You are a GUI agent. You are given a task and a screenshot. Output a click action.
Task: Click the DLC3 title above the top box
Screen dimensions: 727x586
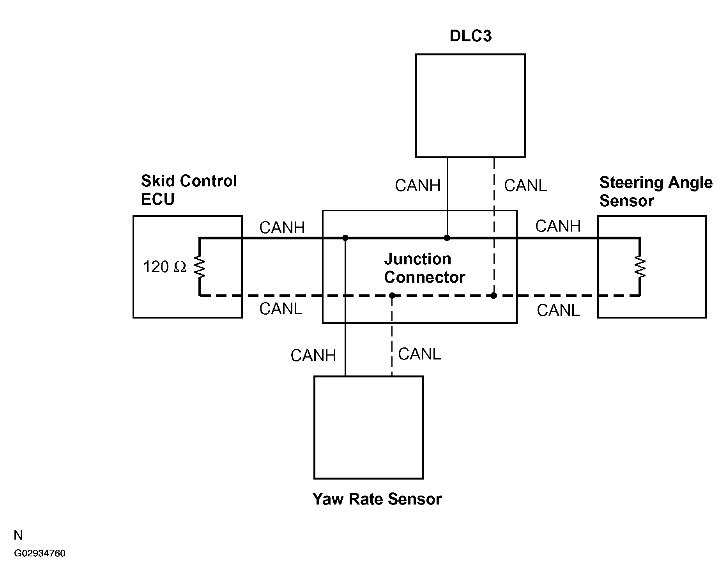pos(471,36)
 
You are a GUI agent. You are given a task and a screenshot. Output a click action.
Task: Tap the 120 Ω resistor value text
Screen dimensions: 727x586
pos(165,267)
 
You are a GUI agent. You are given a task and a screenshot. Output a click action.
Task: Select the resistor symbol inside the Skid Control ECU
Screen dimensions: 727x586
pos(200,267)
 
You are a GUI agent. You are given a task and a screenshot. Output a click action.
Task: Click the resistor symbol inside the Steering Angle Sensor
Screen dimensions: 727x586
pos(640,267)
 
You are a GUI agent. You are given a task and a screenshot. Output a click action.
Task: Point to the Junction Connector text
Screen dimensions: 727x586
pos(425,268)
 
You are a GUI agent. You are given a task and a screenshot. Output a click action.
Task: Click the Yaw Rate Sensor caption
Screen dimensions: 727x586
pos(377,499)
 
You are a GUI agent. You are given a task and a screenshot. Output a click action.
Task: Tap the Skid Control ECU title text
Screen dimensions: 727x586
pos(189,190)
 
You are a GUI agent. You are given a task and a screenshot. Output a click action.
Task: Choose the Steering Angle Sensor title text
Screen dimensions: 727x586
pos(656,191)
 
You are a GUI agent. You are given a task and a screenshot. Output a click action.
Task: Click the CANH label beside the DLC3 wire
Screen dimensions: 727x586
pos(417,186)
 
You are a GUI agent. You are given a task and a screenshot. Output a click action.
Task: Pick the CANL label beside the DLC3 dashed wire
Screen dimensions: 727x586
pos(525,186)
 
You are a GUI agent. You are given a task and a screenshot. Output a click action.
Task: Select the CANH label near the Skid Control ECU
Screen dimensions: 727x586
pos(282,228)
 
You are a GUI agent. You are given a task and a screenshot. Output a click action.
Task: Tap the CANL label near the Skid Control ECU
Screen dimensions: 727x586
pos(281,309)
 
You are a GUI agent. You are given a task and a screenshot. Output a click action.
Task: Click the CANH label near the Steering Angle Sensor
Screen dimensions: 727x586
pos(558,226)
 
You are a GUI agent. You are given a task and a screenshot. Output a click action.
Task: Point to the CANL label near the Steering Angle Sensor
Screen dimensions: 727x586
pos(558,310)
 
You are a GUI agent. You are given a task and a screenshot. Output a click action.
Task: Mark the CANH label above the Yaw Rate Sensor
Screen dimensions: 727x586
pos(313,356)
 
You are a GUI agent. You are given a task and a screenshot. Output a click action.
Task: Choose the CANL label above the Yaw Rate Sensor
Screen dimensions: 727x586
pos(419,354)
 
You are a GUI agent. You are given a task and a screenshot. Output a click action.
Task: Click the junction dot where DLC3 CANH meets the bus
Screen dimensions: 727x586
pos(447,237)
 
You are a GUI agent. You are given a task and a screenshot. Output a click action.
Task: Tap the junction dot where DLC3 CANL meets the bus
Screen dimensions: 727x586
pos(494,296)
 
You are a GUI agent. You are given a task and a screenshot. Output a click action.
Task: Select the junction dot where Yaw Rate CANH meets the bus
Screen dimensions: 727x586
pos(345,237)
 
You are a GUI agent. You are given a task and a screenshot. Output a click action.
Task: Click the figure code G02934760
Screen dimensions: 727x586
pos(40,554)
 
